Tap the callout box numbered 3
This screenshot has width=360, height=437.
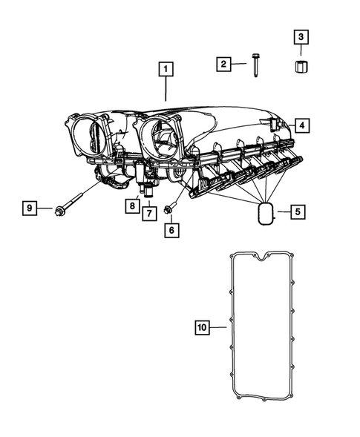point(301,36)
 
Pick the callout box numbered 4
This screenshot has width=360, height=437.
point(301,125)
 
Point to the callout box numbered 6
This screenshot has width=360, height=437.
point(171,230)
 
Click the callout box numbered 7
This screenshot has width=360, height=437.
point(149,213)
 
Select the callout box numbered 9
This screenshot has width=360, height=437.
point(29,208)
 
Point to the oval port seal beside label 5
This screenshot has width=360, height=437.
point(266,214)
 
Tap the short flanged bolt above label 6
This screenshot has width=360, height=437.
point(170,209)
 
